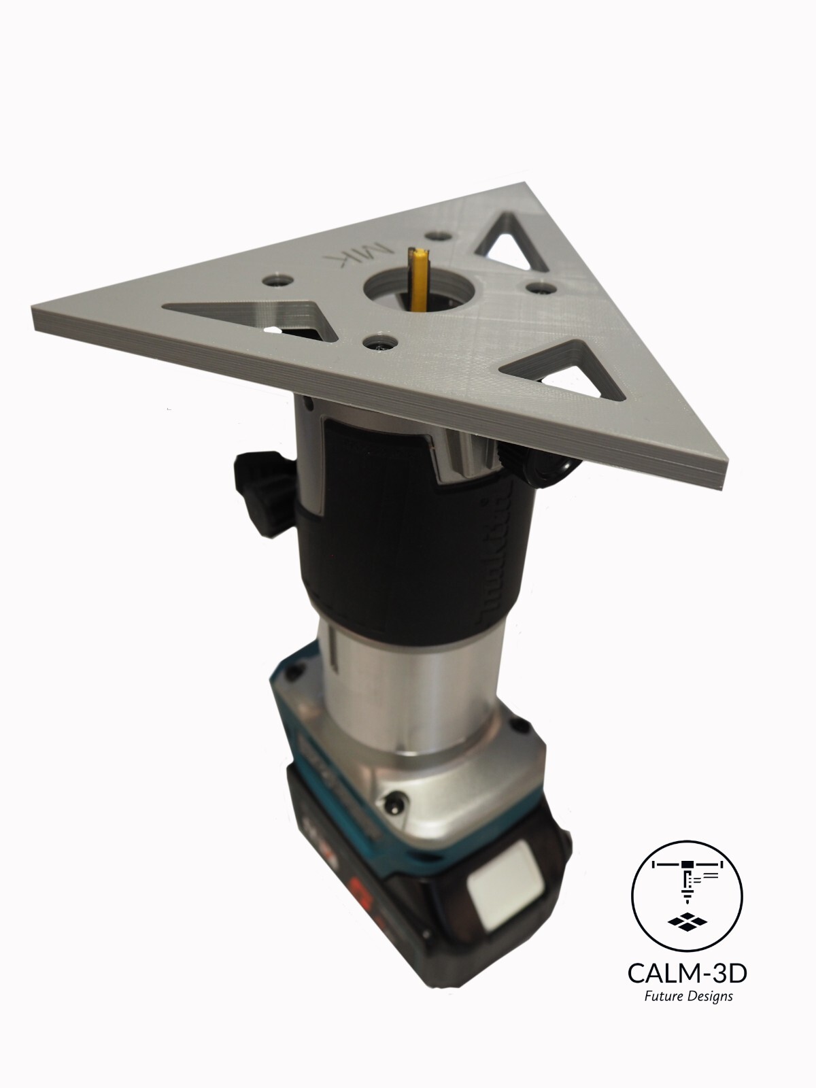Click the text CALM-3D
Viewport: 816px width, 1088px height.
coord(687,974)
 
